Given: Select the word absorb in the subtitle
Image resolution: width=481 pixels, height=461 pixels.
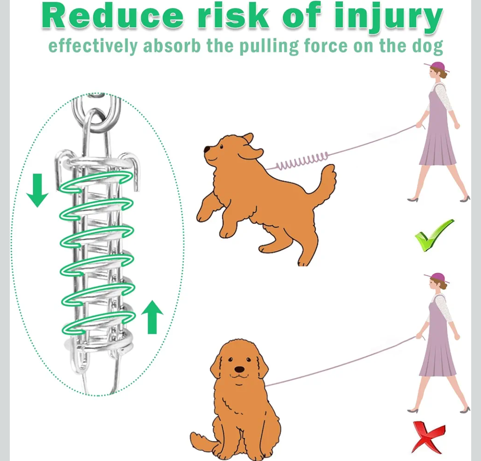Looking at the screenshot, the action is [x=172, y=45].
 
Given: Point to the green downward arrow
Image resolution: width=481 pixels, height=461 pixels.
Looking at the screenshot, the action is [x=37, y=190].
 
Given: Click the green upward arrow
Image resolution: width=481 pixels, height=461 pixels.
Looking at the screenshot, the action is [x=152, y=317].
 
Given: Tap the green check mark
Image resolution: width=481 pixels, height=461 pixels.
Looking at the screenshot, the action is [x=434, y=235].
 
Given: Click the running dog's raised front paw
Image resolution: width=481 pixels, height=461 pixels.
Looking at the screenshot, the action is [x=203, y=215].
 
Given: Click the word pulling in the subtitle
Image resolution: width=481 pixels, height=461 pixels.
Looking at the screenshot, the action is [x=269, y=47].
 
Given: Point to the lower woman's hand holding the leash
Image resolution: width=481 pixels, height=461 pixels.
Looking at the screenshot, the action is [x=420, y=336].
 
